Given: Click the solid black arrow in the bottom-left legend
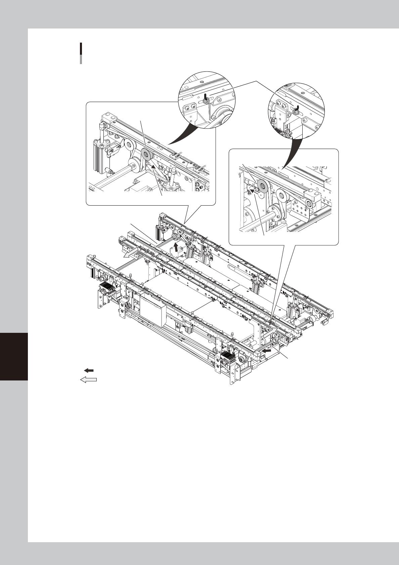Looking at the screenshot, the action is pyautogui.click(x=88, y=370).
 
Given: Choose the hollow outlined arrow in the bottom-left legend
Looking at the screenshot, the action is pyautogui.click(x=88, y=379).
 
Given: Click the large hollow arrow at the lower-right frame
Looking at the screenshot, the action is pyautogui.click(x=270, y=333).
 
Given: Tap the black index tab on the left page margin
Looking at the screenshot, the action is pyautogui.click(x=14, y=356).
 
